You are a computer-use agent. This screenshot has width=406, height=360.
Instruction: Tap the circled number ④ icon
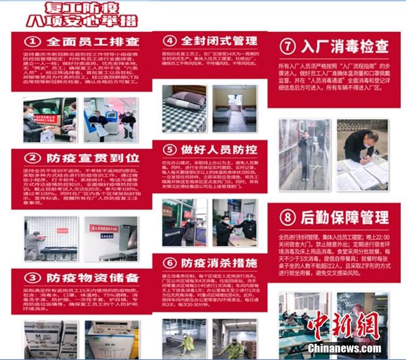[169, 41]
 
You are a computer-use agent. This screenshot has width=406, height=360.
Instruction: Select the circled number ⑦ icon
[288, 46]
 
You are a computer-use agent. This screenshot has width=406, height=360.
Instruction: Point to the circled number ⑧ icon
[288, 217]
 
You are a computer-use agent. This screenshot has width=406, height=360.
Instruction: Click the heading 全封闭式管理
[219, 41]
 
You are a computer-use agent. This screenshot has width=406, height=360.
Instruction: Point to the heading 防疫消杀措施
[219, 263]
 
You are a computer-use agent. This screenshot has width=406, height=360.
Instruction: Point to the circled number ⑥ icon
[169, 263]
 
